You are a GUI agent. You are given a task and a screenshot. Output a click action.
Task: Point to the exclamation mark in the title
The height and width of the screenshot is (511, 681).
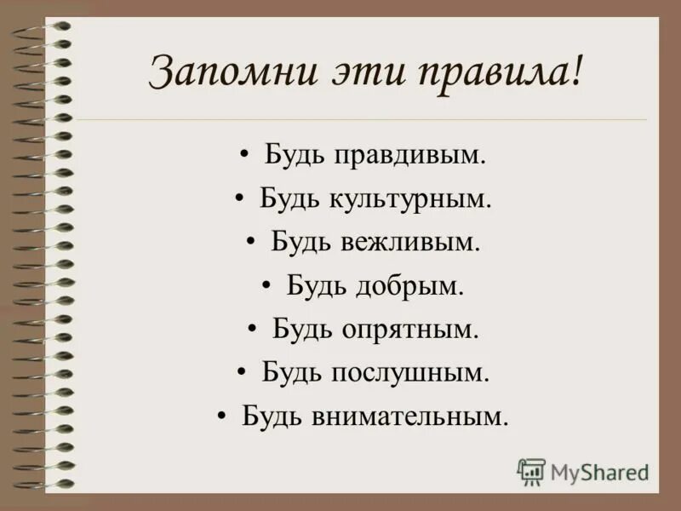coord(579,72)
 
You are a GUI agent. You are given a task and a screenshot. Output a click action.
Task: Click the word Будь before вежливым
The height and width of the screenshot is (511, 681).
coord(296,242)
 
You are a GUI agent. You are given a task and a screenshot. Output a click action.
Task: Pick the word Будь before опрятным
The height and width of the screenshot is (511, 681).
coord(297,329)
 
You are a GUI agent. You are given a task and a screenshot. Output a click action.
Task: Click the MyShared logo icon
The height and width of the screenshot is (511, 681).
coord(531,471)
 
